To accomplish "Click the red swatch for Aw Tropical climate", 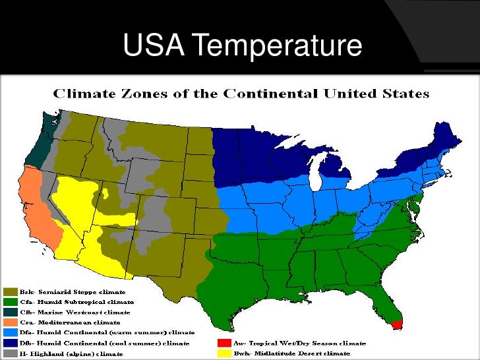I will (x=224, y=343).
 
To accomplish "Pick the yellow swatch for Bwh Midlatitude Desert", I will (x=224, y=353).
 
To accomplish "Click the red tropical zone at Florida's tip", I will (x=396, y=323).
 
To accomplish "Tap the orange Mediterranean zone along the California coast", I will (x=37, y=198).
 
